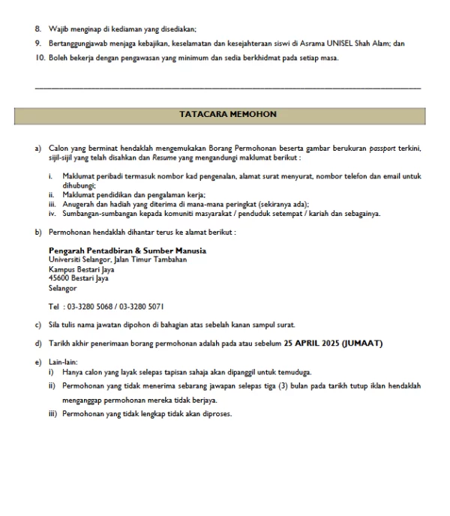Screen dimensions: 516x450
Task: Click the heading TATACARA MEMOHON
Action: click(228, 115)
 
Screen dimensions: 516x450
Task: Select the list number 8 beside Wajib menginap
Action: click(38, 29)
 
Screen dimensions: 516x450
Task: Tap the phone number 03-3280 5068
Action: click(91, 306)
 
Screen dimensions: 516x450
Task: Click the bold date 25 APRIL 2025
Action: click(311, 343)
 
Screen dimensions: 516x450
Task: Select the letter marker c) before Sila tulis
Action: click(38, 325)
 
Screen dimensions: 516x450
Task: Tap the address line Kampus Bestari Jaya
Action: click(78, 268)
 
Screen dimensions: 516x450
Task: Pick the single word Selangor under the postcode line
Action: click(62, 287)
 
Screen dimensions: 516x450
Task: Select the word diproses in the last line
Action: click(216, 414)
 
